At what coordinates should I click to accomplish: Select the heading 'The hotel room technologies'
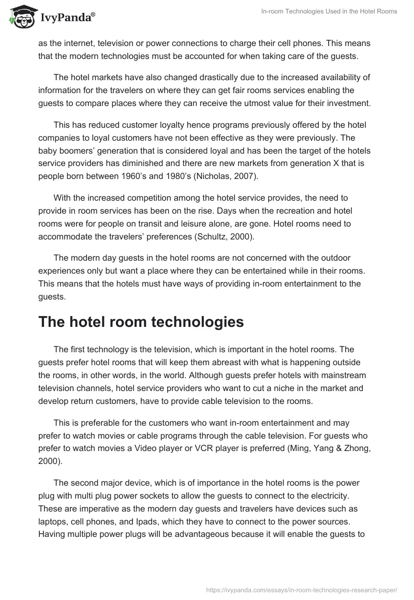tap(141, 321)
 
